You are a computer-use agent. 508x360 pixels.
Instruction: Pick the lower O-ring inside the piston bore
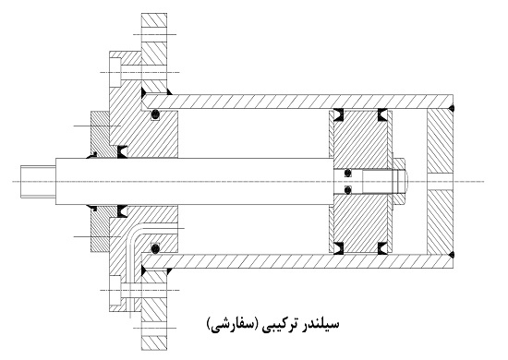(x=345, y=190)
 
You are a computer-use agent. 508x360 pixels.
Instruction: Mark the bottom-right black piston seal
(x=381, y=246)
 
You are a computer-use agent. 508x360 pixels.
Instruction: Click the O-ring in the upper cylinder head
(x=156, y=114)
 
